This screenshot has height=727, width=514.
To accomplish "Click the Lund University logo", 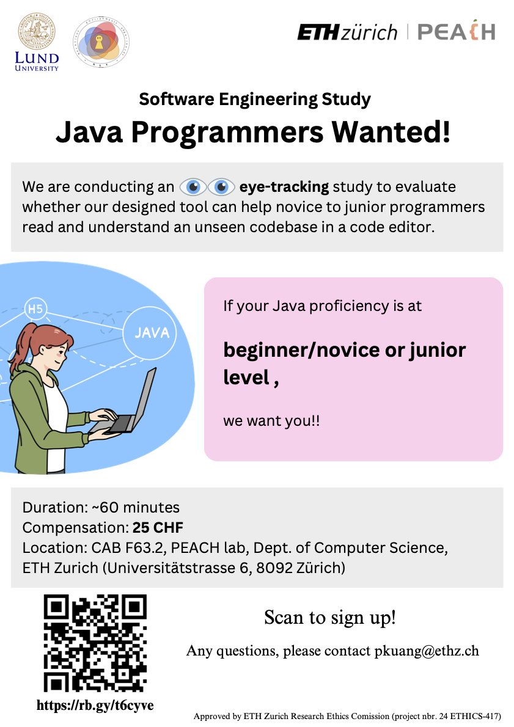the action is click(37, 42).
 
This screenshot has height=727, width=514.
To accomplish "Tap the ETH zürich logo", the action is click(347, 32).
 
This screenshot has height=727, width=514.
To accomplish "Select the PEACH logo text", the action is click(457, 31).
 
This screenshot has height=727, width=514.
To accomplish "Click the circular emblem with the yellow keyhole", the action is click(101, 42).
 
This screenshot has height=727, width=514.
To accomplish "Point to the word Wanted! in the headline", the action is click(391, 132).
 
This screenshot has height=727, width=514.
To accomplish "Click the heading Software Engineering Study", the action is click(255, 99).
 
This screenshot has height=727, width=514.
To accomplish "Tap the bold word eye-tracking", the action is click(284, 186).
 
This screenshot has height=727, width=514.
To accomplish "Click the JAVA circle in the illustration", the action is click(150, 332).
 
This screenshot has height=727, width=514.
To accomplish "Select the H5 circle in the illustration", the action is click(35, 309).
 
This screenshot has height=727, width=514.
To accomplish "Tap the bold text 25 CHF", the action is click(158, 528).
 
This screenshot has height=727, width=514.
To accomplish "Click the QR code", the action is click(95, 643).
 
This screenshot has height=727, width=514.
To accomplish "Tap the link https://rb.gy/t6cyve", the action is click(95, 705).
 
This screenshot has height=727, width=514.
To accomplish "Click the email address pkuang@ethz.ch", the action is click(427, 651).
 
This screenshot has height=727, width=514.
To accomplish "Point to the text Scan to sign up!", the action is click(330, 618).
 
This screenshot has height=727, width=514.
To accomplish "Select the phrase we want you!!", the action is click(271, 421).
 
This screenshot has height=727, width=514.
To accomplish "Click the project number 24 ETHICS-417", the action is click(469, 717).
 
